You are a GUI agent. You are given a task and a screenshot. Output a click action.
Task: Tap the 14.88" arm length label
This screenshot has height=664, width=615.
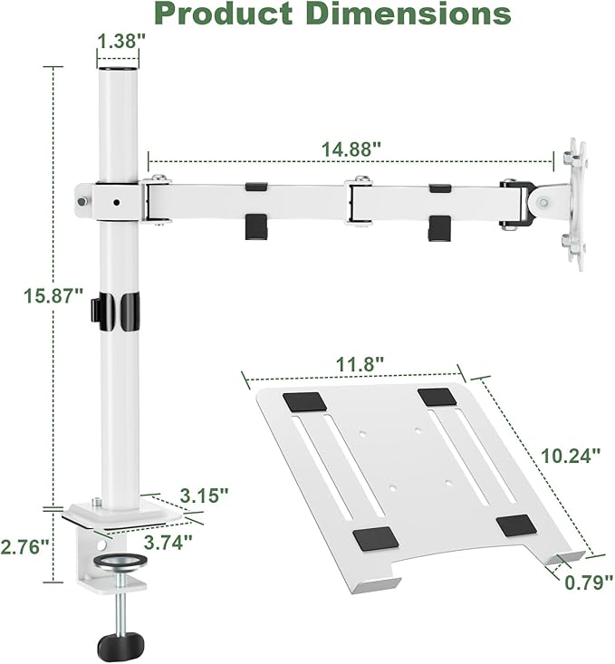(351, 148)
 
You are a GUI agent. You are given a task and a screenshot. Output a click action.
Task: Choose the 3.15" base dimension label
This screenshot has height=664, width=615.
(203, 496)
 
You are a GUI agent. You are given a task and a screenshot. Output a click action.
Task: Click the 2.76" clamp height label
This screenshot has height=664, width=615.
(24, 546)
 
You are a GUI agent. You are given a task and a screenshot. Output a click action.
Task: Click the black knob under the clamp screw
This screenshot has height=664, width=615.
(120, 643)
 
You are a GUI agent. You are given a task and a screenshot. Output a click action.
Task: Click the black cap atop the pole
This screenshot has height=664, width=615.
(119, 68)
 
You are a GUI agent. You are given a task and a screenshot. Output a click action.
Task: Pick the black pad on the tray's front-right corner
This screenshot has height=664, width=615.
(516, 525)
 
